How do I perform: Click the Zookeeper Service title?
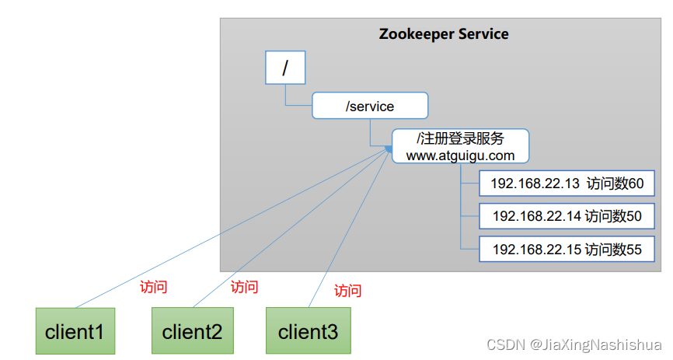point(444,34)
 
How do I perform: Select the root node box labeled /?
point(284,68)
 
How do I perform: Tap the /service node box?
point(370,106)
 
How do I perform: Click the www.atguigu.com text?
point(460,155)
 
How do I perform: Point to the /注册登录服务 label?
point(460,138)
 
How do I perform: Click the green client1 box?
point(75,332)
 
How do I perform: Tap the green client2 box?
point(192,332)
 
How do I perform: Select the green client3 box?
point(308,332)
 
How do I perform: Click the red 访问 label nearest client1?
point(153,286)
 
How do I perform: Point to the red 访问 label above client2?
point(244,287)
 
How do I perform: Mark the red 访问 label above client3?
point(347,291)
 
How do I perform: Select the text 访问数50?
point(613,216)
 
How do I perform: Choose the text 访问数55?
point(614,249)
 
